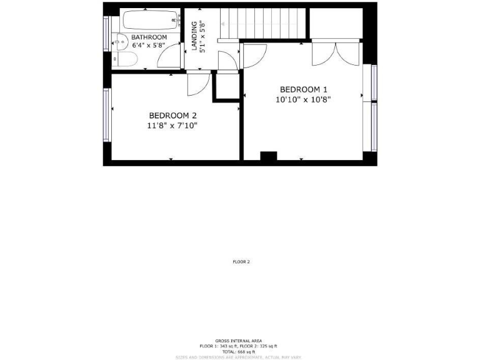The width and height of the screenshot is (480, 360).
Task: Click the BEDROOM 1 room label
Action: click(303, 89)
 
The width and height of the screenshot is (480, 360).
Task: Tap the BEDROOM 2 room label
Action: click(172, 116)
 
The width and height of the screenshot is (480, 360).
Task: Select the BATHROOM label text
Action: click(149, 38)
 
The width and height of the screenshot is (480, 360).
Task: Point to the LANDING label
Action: click(194, 36)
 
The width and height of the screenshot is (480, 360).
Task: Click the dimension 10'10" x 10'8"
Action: click(302, 99)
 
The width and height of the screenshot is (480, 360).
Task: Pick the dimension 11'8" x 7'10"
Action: click(172, 126)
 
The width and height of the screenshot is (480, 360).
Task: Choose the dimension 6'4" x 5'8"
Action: click(149, 46)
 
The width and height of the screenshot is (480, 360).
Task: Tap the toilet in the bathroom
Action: click(125, 59)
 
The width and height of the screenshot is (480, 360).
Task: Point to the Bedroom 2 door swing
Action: click(198, 84)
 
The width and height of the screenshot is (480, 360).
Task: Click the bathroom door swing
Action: click(169, 57)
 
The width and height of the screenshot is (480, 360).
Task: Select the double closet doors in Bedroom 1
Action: click(336, 54)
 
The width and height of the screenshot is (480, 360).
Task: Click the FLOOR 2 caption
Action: click(241, 262)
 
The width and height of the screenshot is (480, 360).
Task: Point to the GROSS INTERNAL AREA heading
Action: click(240, 341)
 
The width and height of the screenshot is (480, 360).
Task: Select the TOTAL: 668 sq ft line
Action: click(240, 352)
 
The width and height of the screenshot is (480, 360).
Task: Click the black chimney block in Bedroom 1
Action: click(268, 156)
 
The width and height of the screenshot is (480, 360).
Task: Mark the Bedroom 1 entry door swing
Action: click(254, 56)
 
